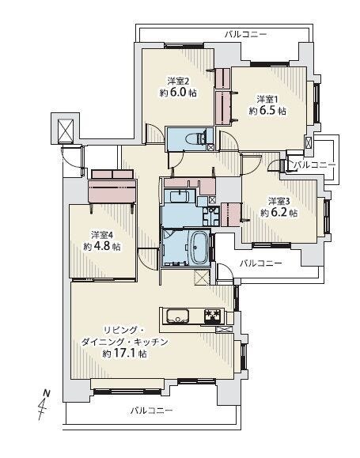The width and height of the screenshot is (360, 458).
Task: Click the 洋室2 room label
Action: coord(178,81)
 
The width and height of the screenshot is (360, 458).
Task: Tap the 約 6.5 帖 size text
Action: coord(267,111)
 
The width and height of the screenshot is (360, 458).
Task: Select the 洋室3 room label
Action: coord(279,201)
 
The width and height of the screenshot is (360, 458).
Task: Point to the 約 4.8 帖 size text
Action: coord(102,246)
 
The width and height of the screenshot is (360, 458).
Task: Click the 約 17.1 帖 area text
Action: coord(124,354)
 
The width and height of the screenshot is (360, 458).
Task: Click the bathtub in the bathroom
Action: coord(200,248)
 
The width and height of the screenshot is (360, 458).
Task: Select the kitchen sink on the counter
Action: coord(178,316)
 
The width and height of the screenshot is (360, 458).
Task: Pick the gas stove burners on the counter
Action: coord(212,316)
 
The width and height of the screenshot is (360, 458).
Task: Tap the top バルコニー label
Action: coord(245,35)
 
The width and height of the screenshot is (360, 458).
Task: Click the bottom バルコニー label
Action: coord(151,411)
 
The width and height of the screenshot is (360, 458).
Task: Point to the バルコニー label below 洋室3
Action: coord(261,263)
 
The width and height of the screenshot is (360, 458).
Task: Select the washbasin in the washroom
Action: coord(179,195)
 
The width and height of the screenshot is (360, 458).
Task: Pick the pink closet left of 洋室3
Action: coord(231,214)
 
